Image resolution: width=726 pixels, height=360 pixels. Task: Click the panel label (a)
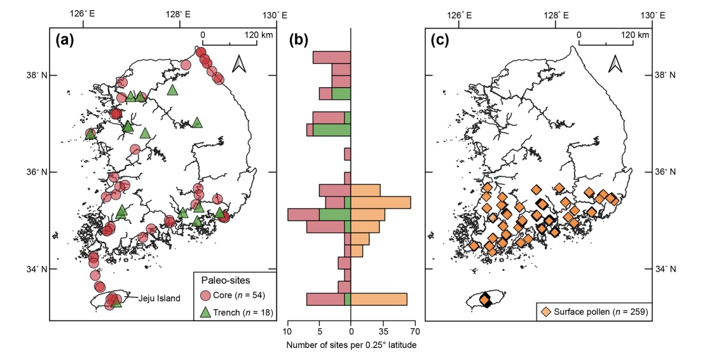pyautogui.click(x=65, y=40)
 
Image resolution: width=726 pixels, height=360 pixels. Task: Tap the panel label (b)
pyautogui.click(x=299, y=40)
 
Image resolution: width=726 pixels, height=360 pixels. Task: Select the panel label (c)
pyautogui.click(x=441, y=40)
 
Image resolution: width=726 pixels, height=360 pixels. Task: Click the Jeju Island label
pyautogui.click(x=151, y=298)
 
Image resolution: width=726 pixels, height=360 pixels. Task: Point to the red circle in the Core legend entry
pyautogui.click(x=205, y=295)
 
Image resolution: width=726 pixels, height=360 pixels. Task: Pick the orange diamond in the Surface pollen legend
pyautogui.click(x=545, y=312)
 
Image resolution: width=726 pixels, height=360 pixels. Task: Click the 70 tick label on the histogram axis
pyautogui.click(x=413, y=331)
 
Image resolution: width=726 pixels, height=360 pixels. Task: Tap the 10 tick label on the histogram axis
pyautogui.click(x=289, y=331)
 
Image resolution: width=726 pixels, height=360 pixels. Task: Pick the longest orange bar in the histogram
pyautogui.click(x=381, y=202)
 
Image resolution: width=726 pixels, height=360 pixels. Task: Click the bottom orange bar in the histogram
pyautogui.click(x=379, y=299)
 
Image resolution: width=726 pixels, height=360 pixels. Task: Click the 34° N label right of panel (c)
pyautogui.click(x=666, y=269)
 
